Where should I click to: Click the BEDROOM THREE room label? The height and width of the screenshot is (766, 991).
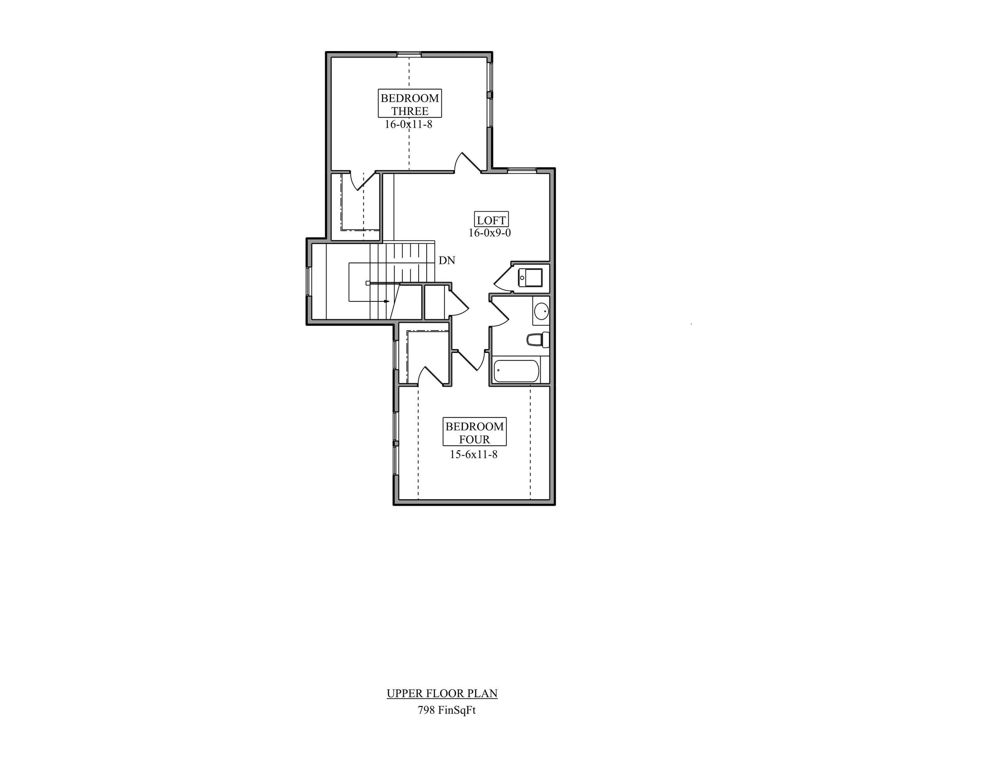click(x=410, y=104)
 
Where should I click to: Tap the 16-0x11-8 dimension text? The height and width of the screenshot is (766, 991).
click(x=408, y=124)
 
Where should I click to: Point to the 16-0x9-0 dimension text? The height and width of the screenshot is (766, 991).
click(x=490, y=233)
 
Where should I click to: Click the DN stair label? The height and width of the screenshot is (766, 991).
click(x=447, y=260)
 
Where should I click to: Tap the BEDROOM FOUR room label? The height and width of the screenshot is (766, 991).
click(x=474, y=432)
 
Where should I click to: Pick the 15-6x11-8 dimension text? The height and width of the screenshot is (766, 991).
click(x=474, y=454)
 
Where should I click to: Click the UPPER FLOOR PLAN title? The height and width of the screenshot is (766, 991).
click(x=442, y=694)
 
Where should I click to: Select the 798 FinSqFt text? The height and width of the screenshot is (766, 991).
click(x=447, y=710)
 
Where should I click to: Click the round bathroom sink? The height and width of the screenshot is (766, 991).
click(x=541, y=311)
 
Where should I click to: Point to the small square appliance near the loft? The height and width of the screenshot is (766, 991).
click(x=530, y=277)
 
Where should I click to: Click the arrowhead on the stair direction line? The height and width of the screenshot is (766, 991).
click(x=387, y=301)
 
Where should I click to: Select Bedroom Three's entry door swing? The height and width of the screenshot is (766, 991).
click(x=468, y=163)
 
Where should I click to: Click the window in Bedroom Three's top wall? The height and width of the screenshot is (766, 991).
click(x=409, y=54)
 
